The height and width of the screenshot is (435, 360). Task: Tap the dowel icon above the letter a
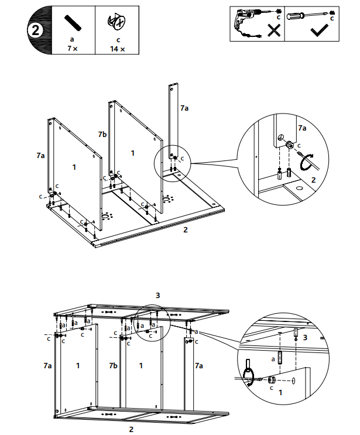[x=73, y=23]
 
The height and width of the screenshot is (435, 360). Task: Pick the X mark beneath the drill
[x=273, y=32]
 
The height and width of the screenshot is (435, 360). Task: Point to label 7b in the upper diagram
[x=102, y=135]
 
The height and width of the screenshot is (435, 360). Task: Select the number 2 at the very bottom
[x=131, y=429]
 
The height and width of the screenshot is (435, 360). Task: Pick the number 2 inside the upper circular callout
[x=314, y=180]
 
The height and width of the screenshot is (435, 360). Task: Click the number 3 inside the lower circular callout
[x=305, y=338]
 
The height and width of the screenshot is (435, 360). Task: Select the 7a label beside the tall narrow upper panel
[x=184, y=108]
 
